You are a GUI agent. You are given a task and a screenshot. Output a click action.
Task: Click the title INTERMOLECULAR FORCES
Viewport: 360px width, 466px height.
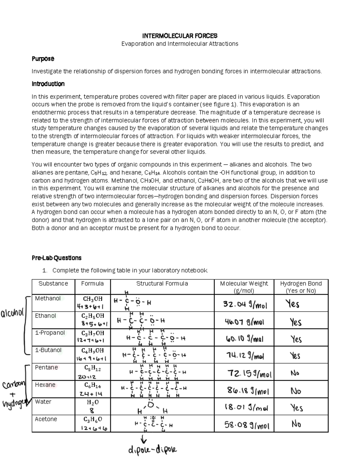pos(180,36)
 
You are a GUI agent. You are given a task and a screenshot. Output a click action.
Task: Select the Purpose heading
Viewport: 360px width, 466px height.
pos(43,59)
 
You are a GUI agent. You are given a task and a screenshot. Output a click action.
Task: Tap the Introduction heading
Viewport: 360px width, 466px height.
pos(48,84)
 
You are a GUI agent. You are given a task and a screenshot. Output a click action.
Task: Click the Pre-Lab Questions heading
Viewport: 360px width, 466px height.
pos(56,258)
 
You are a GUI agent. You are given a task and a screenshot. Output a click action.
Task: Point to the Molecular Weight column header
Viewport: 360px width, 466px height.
pos(244,287)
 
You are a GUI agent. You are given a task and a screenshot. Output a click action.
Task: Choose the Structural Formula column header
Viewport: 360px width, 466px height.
pos(162,284)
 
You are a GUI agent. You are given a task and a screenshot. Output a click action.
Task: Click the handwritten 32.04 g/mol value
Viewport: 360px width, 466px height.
pos(245,305)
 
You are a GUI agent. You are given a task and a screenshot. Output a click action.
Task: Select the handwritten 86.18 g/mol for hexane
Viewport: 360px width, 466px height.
pos(248,391)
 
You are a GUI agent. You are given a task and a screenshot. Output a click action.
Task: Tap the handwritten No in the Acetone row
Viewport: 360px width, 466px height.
pos(296,424)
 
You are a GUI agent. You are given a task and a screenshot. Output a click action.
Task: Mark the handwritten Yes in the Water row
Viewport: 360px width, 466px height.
pos(296,408)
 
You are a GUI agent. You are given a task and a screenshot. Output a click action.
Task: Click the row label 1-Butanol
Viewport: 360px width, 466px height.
pos(48,350)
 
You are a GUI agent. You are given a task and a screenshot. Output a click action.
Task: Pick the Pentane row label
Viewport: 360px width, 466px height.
pos(46,368)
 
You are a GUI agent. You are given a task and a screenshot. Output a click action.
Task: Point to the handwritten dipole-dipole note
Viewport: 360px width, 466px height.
pos(152,450)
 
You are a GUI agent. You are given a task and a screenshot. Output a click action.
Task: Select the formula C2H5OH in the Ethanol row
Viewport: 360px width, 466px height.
pos(93,316)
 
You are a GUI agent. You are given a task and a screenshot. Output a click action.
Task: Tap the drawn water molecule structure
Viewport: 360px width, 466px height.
pos(152,407)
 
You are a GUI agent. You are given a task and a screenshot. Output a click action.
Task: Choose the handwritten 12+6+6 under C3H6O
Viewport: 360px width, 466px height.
pos(94,428)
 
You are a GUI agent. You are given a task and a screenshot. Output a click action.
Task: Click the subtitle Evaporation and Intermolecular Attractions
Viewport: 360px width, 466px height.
pos(180,44)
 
